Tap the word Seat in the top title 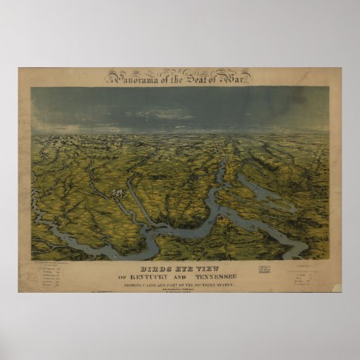click(198, 76)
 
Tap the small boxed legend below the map click(264, 270)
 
